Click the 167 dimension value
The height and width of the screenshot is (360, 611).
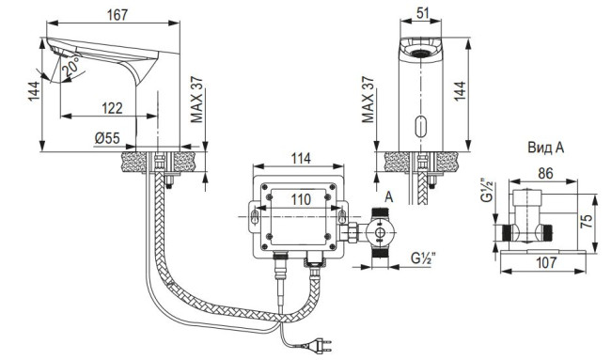click(x=117, y=15)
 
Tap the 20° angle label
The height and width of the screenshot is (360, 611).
click(x=71, y=66)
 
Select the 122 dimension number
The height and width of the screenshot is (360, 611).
click(x=112, y=108)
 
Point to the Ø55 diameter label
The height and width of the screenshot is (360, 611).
click(x=107, y=137)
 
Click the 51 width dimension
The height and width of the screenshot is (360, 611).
click(x=422, y=12)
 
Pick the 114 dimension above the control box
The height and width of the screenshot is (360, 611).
click(x=301, y=158)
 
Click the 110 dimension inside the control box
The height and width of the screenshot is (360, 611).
click(x=301, y=199)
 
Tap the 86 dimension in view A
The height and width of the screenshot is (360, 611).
click(x=545, y=173)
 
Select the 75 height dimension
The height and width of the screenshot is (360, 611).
click(x=587, y=221)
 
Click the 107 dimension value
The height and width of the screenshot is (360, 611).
click(x=546, y=262)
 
